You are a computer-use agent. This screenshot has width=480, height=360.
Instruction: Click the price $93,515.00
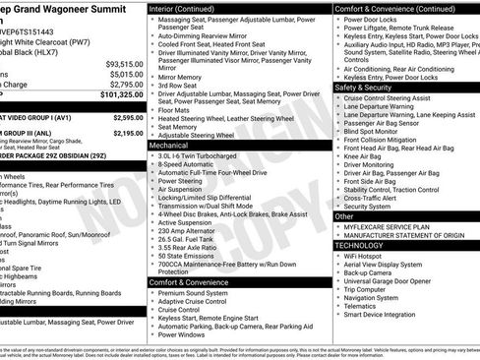click(x=124, y=63)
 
